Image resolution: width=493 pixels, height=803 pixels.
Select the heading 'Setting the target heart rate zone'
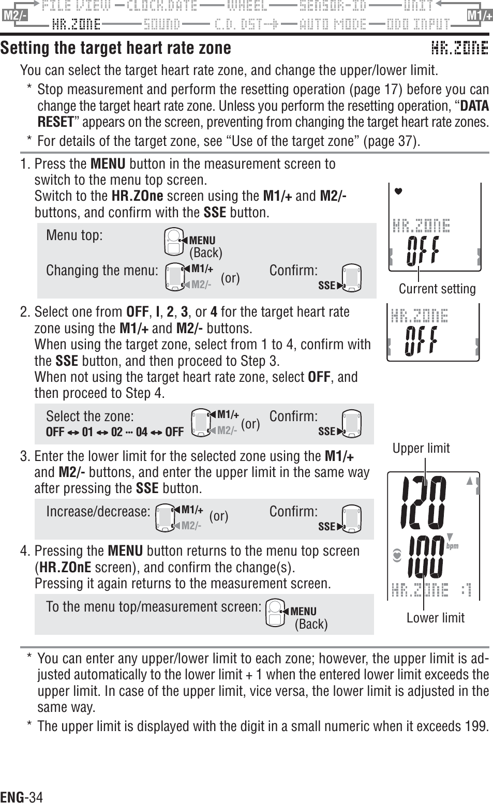coord(116,48)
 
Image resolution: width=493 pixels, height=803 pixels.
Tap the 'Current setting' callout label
coord(437,289)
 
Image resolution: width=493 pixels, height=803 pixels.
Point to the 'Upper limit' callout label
coord(421,448)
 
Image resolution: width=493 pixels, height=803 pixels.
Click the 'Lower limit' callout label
coord(435,617)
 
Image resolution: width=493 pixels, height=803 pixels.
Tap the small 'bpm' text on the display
coord(452,546)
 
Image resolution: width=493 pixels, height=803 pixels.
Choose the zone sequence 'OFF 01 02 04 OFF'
coord(114,432)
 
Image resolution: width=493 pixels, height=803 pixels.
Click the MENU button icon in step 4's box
coord(277,612)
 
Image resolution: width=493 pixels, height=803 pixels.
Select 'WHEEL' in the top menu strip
coord(247,6)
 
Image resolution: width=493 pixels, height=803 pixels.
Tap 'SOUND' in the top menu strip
coord(162,24)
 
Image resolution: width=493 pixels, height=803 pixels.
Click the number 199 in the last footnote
coord(476,726)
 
